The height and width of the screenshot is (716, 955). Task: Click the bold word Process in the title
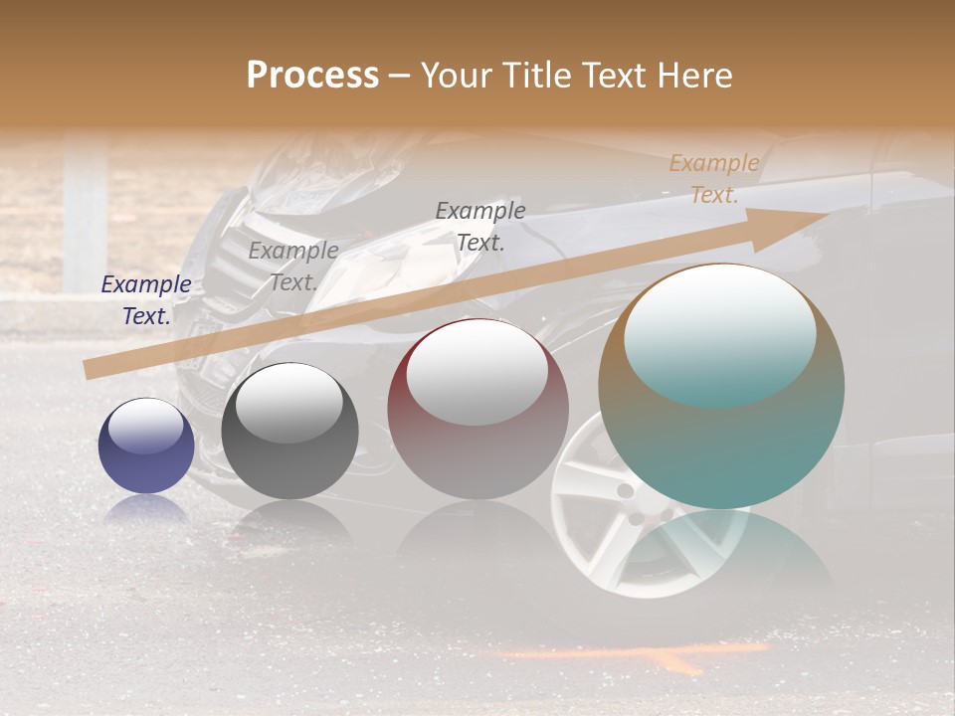click(x=312, y=76)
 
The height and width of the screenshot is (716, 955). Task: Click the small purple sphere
click(x=146, y=447)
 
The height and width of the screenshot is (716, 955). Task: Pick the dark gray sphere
click(x=289, y=431)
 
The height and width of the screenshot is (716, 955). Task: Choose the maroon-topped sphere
click(x=477, y=409)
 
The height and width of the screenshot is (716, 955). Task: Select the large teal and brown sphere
click(x=721, y=387)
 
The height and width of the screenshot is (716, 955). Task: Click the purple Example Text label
click(x=146, y=299)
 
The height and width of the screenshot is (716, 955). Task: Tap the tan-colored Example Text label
click(x=714, y=178)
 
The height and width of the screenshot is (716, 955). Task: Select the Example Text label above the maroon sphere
click(x=480, y=226)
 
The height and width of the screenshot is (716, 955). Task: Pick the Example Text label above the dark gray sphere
click(x=293, y=266)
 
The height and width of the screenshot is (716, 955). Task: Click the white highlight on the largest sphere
click(x=719, y=333)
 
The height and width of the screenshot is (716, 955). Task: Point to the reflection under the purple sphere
click(x=146, y=510)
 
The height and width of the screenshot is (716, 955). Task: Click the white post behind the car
click(x=86, y=214)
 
